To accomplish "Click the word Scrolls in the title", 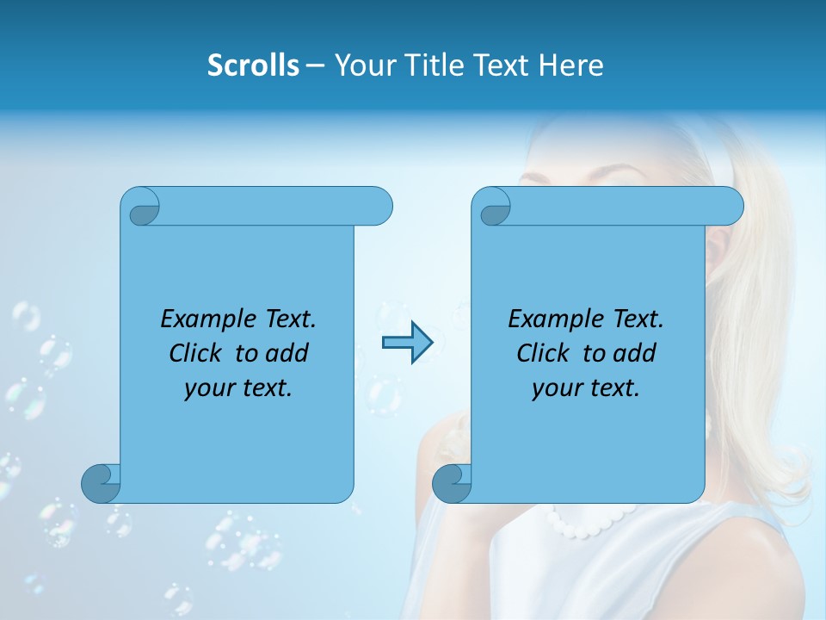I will [x=253, y=65].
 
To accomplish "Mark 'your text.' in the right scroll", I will [x=586, y=387].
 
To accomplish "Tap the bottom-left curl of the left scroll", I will [x=101, y=482].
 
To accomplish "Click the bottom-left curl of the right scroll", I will [x=452, y=482].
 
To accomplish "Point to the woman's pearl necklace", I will [x=585, y=522].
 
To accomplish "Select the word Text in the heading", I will [x=502, y=65].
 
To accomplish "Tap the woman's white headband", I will [x=724, y=155].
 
